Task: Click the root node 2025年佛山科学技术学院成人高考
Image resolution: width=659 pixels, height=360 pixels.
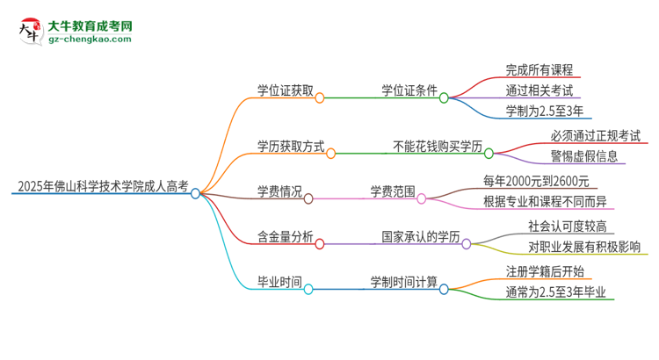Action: pos(102,186)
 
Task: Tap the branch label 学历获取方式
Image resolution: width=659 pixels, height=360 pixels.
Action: pos(285,145)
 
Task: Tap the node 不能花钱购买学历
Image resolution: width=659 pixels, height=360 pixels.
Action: pos(435,145)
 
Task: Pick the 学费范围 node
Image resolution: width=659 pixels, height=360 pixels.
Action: pos(392,191)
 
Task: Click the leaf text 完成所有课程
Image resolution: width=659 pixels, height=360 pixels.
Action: pos(539,68)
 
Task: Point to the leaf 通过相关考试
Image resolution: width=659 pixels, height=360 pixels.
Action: pos(539,90)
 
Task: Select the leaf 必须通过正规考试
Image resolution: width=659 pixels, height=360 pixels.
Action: pos(583,135)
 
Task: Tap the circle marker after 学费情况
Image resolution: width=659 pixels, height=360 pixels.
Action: pos(308,198)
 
